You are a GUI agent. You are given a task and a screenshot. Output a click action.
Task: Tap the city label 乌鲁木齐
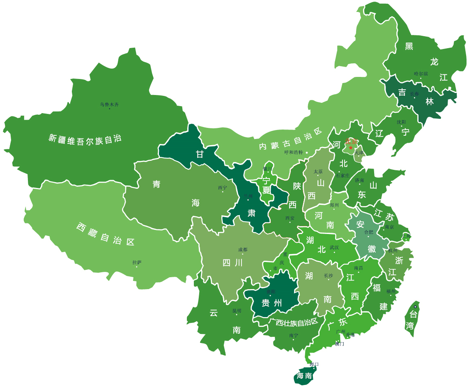(109, 104)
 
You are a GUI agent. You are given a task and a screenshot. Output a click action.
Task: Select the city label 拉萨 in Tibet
(137, 262)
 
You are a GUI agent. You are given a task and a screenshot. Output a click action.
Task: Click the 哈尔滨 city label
(421, 74)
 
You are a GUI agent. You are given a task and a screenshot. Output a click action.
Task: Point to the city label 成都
(243, 250)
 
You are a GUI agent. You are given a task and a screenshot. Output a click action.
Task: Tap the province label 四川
(232, 263)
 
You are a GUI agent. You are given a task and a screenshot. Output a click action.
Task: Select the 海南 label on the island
(304, 376)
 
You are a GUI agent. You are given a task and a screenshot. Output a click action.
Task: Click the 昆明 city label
(237, 311)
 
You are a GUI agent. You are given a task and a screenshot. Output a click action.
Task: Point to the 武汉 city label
(334, 248)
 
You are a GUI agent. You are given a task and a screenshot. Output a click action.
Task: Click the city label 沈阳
(401, 122)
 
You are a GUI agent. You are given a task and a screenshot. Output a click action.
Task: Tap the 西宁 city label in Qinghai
(222, 188)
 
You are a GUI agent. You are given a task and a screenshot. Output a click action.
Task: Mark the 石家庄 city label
(343, 176)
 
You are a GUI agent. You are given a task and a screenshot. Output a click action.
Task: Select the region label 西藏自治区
(106, 234)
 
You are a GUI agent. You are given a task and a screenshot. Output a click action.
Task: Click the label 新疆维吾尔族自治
(85, 138)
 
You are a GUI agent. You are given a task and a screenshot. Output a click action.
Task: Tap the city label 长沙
(329, 276)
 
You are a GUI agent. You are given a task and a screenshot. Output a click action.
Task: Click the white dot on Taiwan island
(415, 307)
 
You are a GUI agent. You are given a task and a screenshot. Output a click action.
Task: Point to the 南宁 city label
(293, 336)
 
